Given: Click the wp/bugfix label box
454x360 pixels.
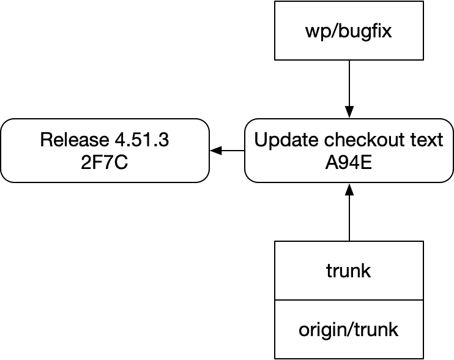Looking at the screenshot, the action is pos(349,31).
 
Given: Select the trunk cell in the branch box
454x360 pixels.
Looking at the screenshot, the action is pos(349,270).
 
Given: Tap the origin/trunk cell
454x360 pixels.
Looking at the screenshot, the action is pos(349,329).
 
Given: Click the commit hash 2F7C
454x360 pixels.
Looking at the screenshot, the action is pos(104,163).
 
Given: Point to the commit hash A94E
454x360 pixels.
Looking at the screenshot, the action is pos(349,163).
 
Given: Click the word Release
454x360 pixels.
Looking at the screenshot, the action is pos(75,140).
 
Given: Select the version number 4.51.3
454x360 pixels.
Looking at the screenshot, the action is pos(142,140).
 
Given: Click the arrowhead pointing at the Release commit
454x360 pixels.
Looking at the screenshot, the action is pos(216,151).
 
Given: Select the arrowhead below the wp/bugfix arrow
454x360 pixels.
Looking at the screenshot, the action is pos(349,112).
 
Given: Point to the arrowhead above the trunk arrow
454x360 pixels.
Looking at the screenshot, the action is pos(349,189).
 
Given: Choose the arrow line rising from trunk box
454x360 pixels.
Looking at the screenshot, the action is pos(349,212).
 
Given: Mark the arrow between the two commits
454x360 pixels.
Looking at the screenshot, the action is pos(227,151).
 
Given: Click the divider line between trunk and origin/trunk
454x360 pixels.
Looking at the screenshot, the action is pos(349,300).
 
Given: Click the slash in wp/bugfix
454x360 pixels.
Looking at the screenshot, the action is pos(333,31).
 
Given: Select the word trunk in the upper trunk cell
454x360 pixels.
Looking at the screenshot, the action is pos(349,271).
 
